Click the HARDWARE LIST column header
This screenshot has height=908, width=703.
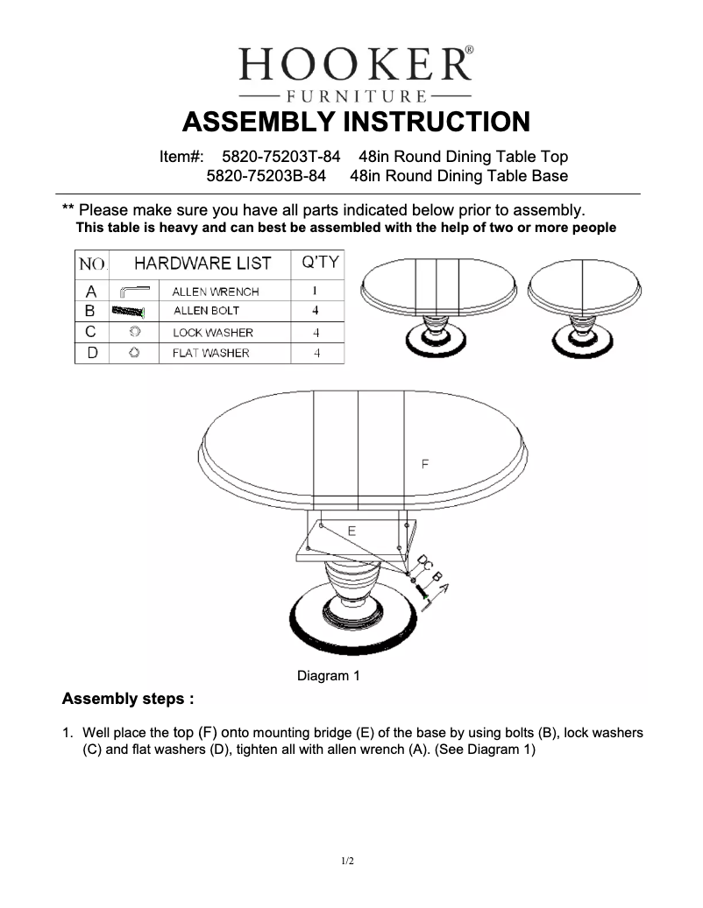[202, 263]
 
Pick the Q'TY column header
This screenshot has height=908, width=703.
[320, 263]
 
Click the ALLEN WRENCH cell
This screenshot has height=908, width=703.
[216, 292]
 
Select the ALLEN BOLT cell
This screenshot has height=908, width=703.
[206, 311]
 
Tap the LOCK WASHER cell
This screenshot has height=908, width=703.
[213, 333]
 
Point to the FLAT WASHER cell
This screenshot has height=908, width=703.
[210, 353]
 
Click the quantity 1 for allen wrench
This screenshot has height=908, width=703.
[315, 292]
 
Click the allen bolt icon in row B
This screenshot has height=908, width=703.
[128, 311]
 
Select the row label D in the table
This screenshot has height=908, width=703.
[91, 353]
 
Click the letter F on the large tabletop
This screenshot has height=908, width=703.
[425, 464]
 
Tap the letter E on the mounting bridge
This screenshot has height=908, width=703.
[351, 531]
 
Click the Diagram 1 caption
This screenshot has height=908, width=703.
[329, 676]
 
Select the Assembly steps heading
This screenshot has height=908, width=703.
[128, 700]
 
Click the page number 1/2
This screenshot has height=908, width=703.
[348, 862]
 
